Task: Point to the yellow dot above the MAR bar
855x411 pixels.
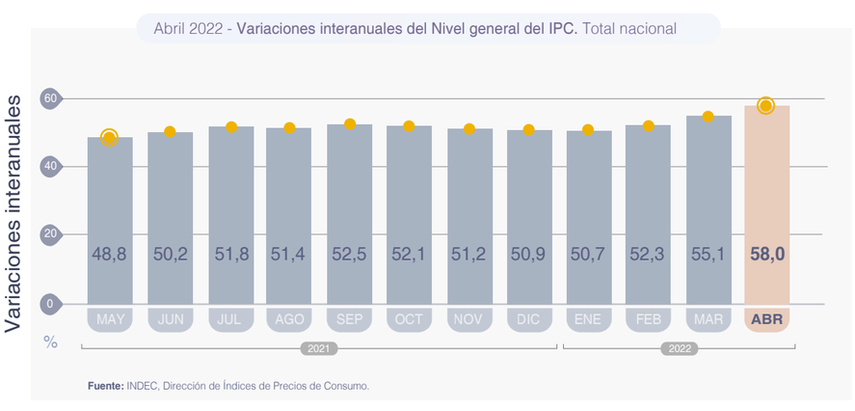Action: click(x=708, y=117)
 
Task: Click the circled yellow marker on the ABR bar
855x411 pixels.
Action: click(x=765, y=105)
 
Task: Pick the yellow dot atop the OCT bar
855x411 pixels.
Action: click(x=409, y=126)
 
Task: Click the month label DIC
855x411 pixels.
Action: click(x=528, y=319)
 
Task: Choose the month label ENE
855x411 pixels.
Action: click(x=588, y=319)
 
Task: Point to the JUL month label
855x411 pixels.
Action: click(x=229, y=319)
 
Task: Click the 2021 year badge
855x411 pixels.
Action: click(x=319, y=348)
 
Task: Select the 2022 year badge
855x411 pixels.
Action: click(x=679, y=348)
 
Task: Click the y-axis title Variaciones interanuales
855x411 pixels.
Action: click(x=13, y=212)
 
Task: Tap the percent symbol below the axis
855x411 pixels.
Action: click(x=50, y=342)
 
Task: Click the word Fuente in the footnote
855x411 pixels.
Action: click(x=104, y=386)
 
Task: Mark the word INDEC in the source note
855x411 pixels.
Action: click(x=142, y=386)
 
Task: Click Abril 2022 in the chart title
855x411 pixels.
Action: click(x=188, y=29)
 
